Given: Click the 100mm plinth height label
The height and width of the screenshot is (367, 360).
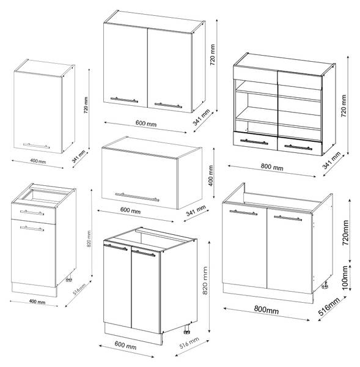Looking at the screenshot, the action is pos(345,278).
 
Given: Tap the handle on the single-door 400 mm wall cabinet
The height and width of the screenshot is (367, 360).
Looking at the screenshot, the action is pos(37,146).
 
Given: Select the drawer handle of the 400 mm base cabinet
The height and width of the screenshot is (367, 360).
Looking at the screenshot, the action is pos(32,213).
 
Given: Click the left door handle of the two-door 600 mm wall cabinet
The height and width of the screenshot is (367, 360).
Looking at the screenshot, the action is pos(124,100).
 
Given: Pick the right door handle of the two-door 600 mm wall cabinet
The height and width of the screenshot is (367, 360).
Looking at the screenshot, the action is pos(168,105).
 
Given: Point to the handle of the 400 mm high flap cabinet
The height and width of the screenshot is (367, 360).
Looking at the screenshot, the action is pos(138,197).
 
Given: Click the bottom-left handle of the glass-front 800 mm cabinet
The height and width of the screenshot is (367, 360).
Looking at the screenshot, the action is pos(254,142).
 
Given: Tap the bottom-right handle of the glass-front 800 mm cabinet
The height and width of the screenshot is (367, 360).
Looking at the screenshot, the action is pos(298,147).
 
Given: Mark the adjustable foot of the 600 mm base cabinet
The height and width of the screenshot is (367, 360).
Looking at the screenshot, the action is pos(186,330).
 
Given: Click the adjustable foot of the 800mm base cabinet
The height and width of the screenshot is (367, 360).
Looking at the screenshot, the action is pos(325,285).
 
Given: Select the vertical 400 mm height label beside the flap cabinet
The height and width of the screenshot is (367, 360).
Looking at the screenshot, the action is pos(210,176).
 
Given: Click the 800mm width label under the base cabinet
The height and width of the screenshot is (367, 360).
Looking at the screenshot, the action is pos(266,310).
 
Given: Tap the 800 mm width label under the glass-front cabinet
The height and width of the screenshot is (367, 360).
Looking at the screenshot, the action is pos(272,166).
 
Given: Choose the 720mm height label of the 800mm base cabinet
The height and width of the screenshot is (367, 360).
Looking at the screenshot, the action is pos(345,232).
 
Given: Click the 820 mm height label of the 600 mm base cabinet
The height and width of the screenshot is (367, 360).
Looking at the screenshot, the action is pos(205,280).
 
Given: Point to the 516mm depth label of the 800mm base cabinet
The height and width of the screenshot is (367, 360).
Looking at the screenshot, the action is pos(329,306).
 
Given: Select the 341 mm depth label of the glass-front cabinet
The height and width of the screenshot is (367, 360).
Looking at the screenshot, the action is pos(331,160).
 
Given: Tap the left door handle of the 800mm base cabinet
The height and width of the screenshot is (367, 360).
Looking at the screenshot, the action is pos(243,212).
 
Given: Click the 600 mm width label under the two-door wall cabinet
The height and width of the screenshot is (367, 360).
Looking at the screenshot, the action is pos(146,123).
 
